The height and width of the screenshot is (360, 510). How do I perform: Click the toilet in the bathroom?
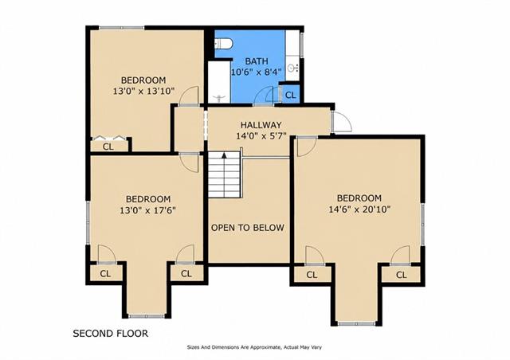[x=223, y=43]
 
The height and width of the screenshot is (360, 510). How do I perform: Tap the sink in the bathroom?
[x=294, y=68]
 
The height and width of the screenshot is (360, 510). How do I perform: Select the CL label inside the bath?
[x=290, y=96]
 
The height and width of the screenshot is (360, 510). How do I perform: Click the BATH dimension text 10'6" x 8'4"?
[x=256, y=72]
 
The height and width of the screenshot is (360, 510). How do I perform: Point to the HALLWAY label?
[x=261, y=125]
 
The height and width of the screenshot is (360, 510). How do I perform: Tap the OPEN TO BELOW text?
[x=248, y=228]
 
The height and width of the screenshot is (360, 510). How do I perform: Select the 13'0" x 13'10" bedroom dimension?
[x=143, y=91]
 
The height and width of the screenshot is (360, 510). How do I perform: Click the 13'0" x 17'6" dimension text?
[x=147, y=210]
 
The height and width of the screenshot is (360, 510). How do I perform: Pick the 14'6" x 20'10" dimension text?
[x=359, y=209]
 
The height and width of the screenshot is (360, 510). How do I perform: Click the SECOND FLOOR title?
[x=110, y=334]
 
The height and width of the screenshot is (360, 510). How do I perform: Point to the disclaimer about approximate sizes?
[x=254, y=347]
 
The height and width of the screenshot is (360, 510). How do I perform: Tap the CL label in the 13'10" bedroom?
[x=108, y=147]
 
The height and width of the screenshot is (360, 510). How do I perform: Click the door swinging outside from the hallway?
[x=341, y=122]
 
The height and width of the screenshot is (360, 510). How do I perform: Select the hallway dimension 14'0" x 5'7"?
[x=261, y=135]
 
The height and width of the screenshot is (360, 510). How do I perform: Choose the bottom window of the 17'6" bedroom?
[x=147, y=315]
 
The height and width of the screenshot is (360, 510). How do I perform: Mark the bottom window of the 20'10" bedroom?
[x=356, y=323]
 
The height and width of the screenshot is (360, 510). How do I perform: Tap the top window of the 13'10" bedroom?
[x=122, y=28]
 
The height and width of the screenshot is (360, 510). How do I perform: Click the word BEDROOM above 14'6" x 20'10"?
[x=359, y=198]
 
